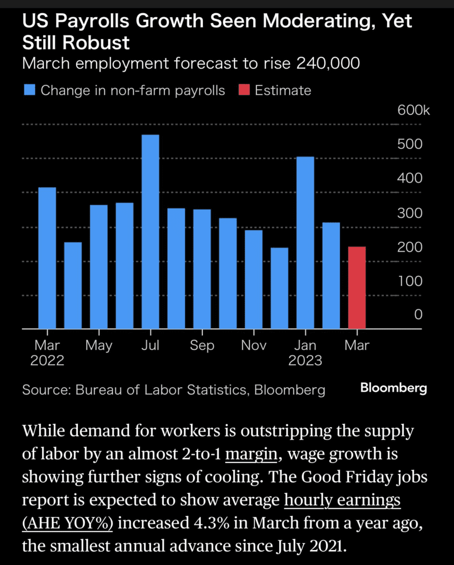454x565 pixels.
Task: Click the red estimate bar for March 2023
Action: coord(357,287)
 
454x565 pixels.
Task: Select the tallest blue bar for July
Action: coord(151,232)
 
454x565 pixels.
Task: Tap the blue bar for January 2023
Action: coord(305,243)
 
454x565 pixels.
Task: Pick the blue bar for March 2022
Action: coord(47,258)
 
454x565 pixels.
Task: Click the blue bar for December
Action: coord(280,288)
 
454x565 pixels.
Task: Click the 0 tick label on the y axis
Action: coord(418,315)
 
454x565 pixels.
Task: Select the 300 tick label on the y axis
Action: coord(410,213)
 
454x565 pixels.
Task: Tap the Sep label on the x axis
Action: coord(202,346)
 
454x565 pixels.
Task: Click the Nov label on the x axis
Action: coord(254,346)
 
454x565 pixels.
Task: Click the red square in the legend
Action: coord(244,90)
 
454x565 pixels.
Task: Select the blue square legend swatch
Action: coord(29,90)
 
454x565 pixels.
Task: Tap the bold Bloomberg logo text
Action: coord(393,388)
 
